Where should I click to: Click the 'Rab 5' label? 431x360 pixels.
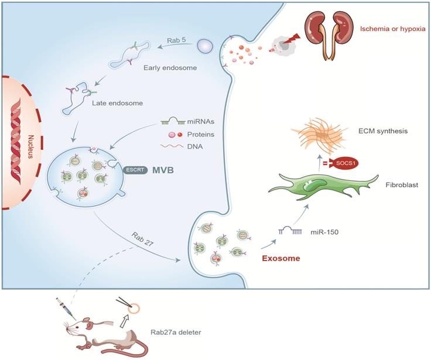(176, 40)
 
